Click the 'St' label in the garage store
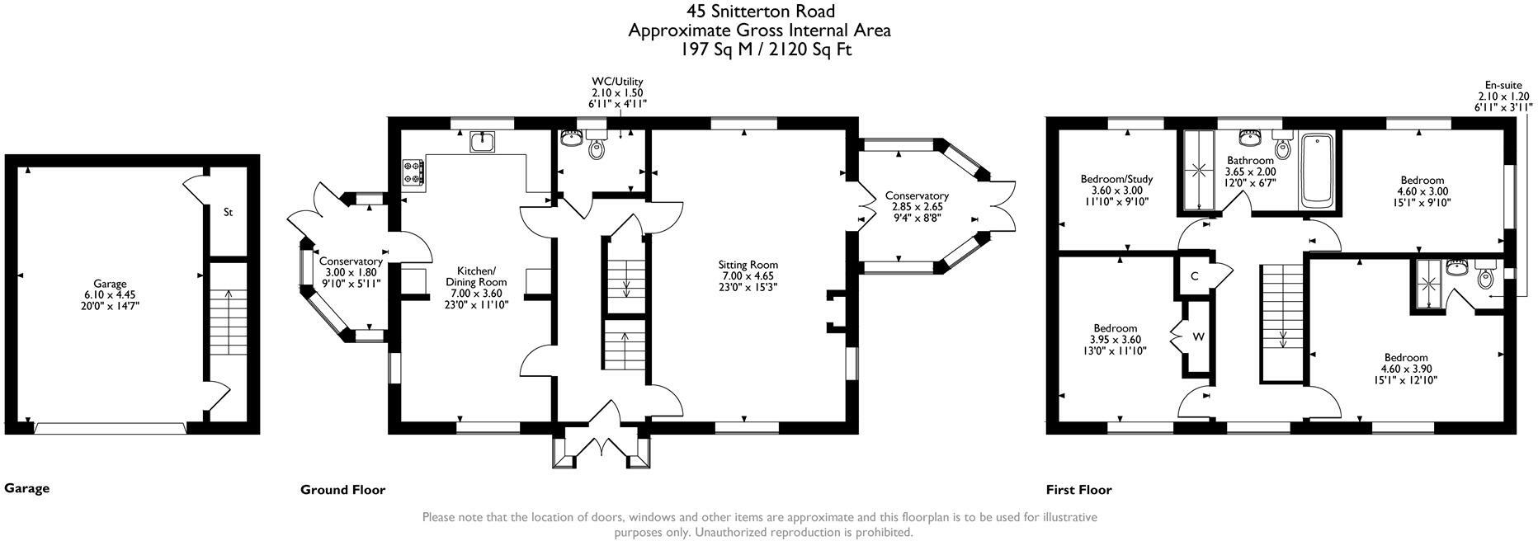pos(229,212)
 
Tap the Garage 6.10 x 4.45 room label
pos(110,294)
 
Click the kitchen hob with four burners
pos(413,173)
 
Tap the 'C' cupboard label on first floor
pos(1194,276)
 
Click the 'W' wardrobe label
pos(1198,336)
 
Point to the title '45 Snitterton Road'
pos(760,11)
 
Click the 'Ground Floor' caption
pos(342,490)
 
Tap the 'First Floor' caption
pos(1078,490)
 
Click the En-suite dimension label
pos(1503,96)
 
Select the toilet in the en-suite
pos(1484,275)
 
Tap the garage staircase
pos(219,322)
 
